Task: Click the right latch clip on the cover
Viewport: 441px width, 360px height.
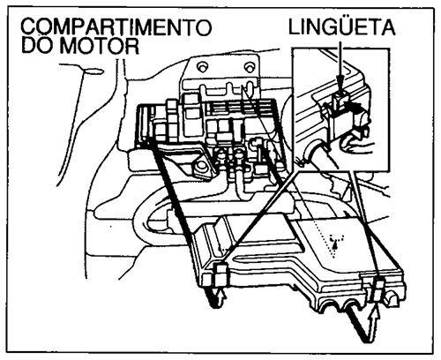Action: click(377, 288)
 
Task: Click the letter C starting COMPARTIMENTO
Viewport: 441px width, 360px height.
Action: click(26, 27)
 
